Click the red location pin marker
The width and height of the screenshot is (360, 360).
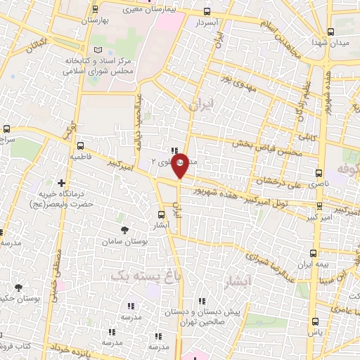(180, 165)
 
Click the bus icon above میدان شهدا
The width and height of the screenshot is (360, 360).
(330, 31)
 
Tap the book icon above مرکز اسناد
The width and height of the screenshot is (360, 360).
(98, 49)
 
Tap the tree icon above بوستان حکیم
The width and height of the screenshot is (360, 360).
(18, 287)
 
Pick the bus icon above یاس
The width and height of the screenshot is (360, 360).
(313, 323)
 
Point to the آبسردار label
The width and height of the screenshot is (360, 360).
(207, 23)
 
